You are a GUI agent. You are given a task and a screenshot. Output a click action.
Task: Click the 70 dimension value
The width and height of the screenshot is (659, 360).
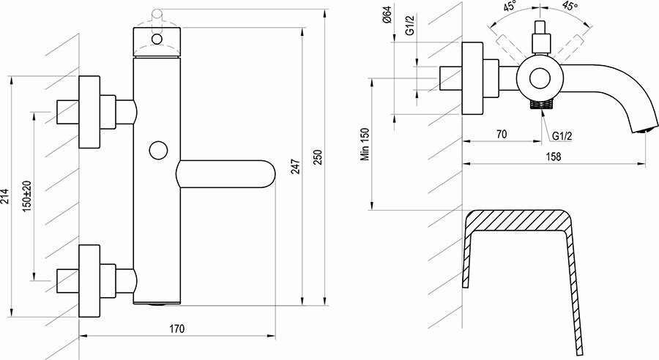coord(502,135)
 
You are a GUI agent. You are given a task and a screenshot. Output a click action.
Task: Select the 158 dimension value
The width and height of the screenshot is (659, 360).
coord(554,157)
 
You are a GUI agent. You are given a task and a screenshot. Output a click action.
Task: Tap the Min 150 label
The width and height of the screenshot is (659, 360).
coord(365,146)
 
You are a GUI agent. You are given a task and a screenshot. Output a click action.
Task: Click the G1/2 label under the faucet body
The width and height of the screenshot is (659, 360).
coord(562,135)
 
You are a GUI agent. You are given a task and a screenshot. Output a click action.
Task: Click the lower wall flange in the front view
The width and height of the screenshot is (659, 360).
coord(89,280)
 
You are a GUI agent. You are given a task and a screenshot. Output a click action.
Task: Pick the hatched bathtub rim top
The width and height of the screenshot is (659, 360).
coord(518,219)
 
